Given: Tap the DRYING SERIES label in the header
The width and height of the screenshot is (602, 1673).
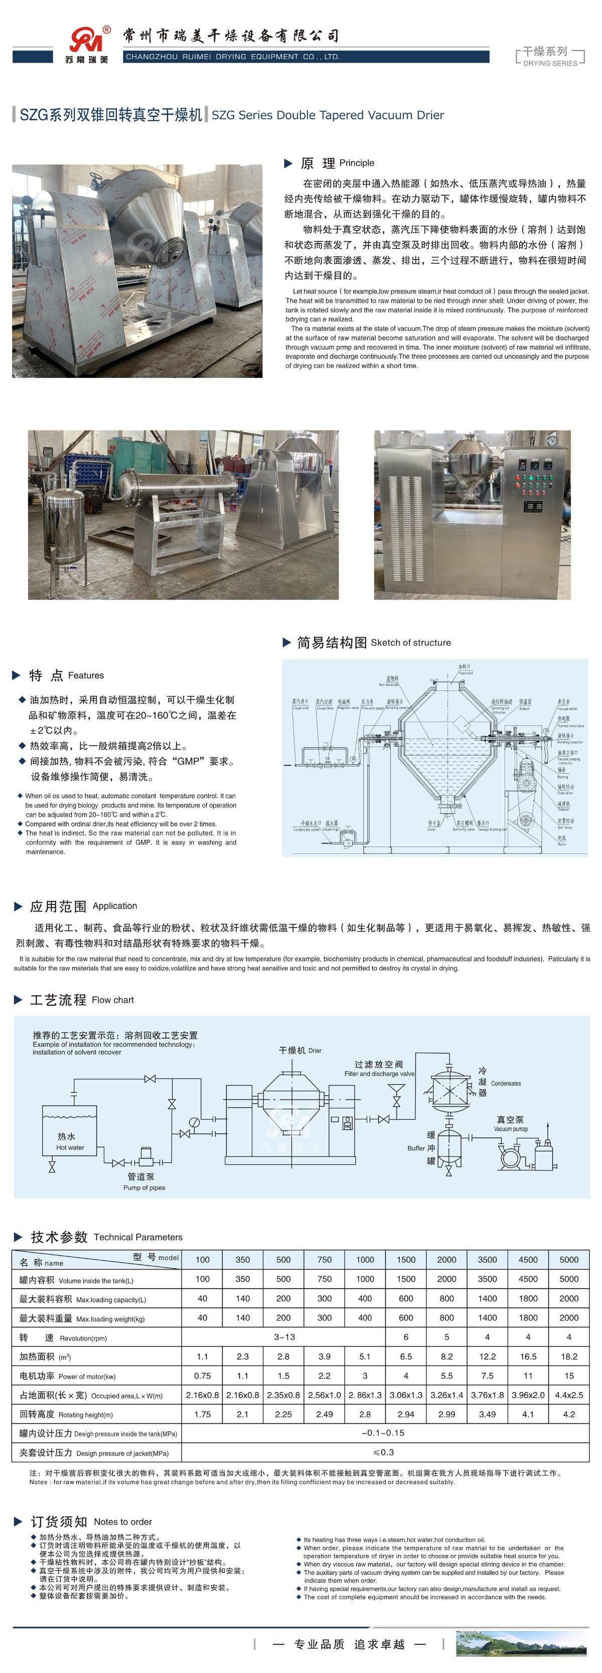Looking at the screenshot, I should [550, 63].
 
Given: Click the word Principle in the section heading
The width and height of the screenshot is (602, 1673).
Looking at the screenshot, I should [356, 163].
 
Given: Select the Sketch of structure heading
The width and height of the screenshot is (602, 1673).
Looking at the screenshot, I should [410, 642].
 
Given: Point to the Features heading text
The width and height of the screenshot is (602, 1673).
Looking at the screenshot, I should [85, 675].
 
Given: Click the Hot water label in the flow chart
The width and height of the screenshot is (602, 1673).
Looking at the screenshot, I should [70, 1148].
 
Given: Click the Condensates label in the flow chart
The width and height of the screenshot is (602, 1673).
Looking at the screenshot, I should [506, 1083].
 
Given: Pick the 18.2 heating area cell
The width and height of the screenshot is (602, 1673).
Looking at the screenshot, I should [568, 1356].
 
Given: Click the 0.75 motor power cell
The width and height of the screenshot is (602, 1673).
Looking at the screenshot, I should [202, 1376].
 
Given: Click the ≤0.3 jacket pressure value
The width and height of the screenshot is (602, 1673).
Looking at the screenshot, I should [384, 1452].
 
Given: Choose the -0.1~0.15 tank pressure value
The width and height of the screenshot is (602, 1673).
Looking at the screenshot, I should [384, 1433].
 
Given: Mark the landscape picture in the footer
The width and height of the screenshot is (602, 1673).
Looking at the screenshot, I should [521, 1643].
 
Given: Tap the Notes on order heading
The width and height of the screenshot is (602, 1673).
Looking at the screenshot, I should [122, 1522].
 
